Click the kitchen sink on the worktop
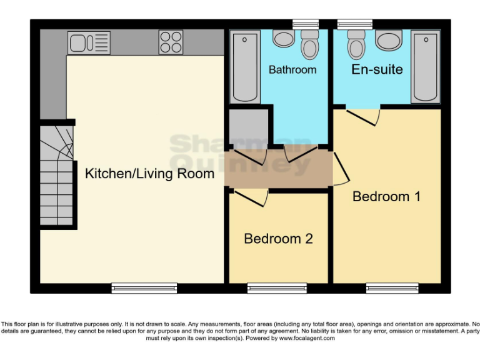[89, 42]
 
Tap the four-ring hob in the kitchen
[171, 42]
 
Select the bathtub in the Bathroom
[245, 68]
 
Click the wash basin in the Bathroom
[284, 39]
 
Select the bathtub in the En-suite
[426, 68]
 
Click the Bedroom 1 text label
[386, 196]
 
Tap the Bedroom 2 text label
[278, 239]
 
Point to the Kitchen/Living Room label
[149, 174]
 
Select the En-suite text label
[377, 69]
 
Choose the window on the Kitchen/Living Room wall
[144, 288]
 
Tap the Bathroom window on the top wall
[306, 24]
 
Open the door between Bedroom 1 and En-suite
[362, 116]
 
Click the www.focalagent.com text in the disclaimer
[307, 338]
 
